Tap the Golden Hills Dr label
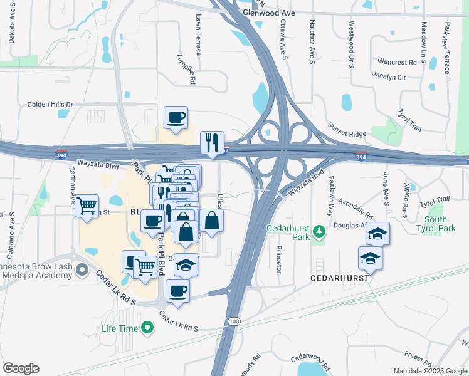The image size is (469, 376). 50,105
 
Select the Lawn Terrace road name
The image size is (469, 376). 199,34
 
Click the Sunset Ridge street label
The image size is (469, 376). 345,126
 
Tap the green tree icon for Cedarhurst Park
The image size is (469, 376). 320,232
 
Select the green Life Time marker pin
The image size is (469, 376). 147,327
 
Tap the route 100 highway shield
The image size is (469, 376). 234,321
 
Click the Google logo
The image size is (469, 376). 21,368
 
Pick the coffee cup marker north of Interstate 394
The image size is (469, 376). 176,117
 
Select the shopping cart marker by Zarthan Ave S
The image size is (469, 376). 87,205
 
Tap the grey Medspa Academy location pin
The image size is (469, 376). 82,271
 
